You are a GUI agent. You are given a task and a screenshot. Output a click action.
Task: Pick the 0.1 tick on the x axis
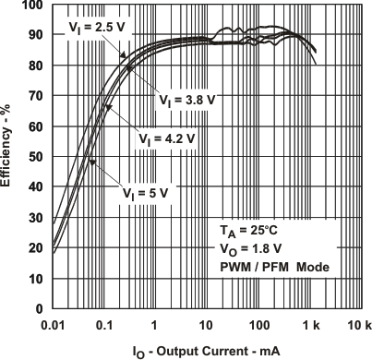104,325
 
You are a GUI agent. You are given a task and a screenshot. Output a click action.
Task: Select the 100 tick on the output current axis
258,325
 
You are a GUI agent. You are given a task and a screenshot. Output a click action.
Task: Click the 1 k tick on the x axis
309,325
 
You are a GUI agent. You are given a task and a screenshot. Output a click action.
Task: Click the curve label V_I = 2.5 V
97,29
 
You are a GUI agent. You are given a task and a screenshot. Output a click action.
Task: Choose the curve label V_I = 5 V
147,193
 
